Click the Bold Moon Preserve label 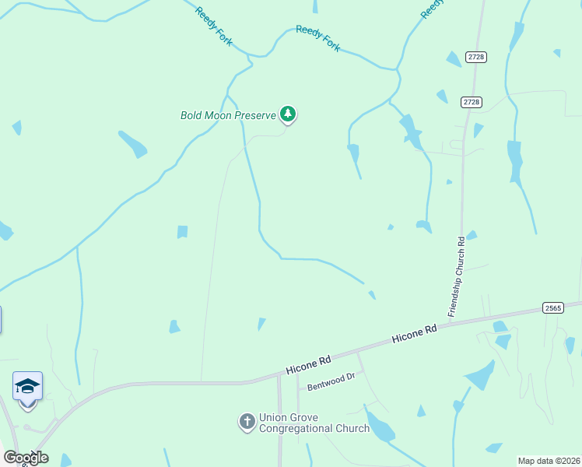(x=228, y=116)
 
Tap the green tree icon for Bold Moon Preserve (x=289, y=115)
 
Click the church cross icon (x=247, y=423)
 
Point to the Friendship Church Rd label (x=456, y=276)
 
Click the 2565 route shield (x=552, y=309)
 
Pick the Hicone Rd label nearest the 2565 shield (x=415, y=334)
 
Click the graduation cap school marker (x=27, y=386)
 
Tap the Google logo (x=26, y=458)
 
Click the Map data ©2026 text (x=549, y=460)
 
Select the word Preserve (x=257, y=116)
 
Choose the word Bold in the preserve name (x=193, y=116)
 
